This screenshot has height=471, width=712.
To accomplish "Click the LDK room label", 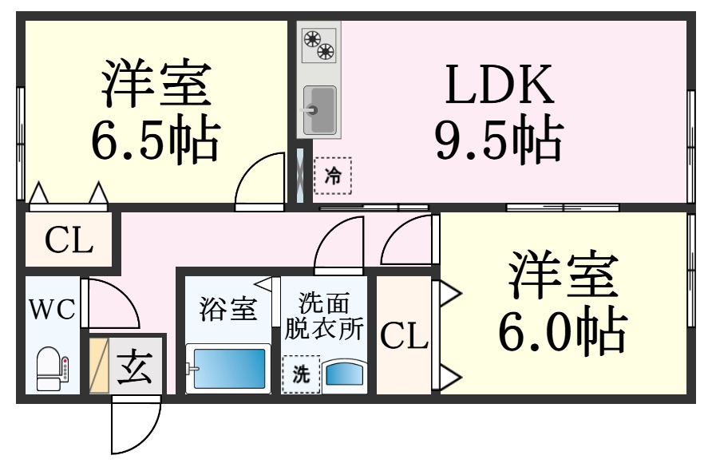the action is click(x=500, y=85).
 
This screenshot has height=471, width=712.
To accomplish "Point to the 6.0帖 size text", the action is click(x=563, y=330).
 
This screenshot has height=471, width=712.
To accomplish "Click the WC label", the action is click(x=52, y=310).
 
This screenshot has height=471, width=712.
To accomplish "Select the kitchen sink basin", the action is click(x=319, y=110).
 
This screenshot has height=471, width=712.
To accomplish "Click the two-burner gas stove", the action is click(x=319, y=45).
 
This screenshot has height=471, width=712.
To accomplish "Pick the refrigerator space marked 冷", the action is click(x=333, y=176).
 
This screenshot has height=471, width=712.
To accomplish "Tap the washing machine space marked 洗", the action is click(x=301, y=374).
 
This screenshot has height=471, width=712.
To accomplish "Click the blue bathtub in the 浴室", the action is click(x=228, y=368).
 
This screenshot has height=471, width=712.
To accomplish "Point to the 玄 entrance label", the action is click(x=134, y=367).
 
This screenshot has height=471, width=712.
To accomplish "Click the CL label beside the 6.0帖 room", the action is click(x=404, y=337).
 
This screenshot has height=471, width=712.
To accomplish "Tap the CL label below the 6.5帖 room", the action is click(x=69, y=240).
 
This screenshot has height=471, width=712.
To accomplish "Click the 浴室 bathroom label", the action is click(x=228, y=310).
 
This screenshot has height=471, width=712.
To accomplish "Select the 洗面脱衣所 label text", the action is click(x=324, y=316).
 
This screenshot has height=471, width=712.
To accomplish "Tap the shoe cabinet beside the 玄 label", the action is click(x=99, y=365).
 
